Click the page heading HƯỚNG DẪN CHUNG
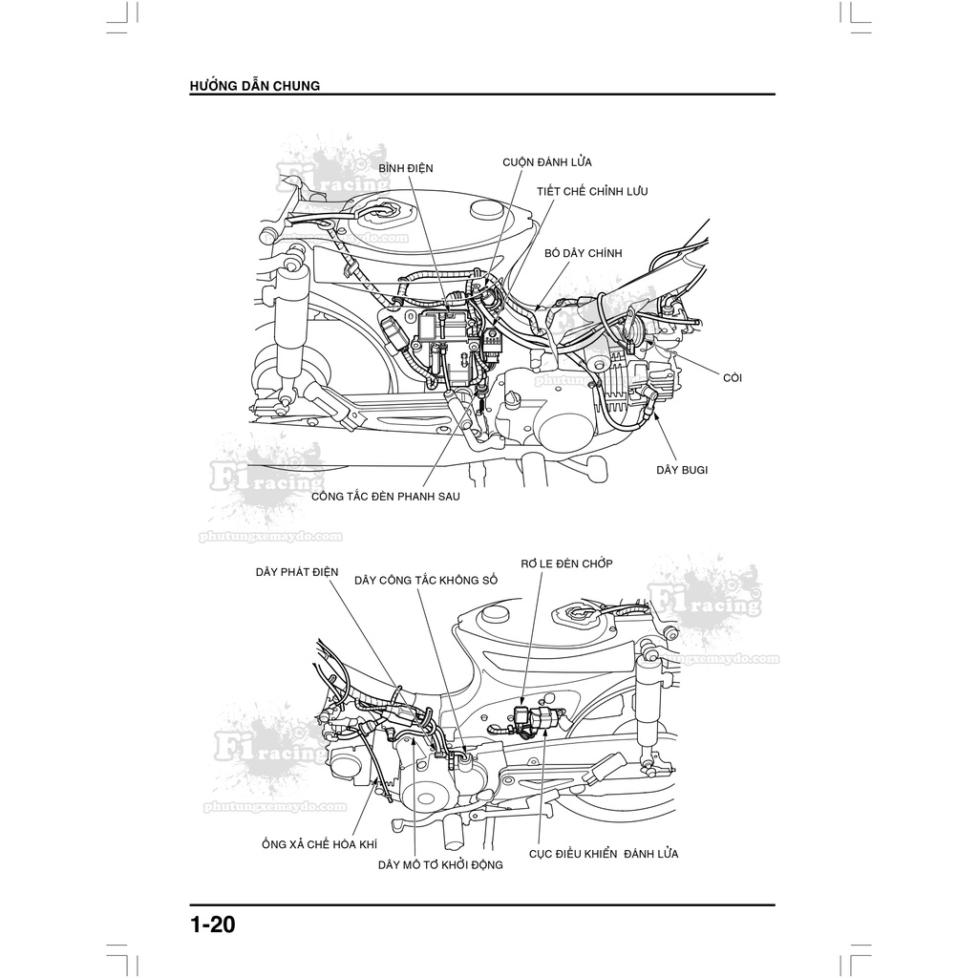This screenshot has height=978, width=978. [x=254, y=86]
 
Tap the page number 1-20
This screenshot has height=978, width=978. [x=212, y=925]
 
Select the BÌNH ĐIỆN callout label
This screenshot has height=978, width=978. [x=405, y=168]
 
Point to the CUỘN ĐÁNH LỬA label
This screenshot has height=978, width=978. [x=546, y=162]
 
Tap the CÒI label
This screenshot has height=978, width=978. [x=733, y=378]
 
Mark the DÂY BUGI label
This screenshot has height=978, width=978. [x=681, y=471]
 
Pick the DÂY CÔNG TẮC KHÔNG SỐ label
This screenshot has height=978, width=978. [x=425, y=580]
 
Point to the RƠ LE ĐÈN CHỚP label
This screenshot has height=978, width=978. [x=565, y=563]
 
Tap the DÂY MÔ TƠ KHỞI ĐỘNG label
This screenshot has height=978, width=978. [x=439, y=864]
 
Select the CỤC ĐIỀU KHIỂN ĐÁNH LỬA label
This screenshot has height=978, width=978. [x=603, y=853]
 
